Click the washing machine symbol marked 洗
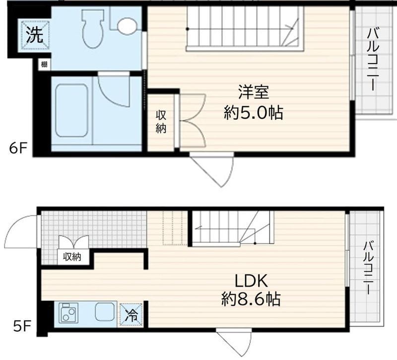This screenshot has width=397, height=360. point(35,35)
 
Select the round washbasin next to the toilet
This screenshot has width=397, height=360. point(127,26)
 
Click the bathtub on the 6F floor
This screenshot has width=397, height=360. point(71,110)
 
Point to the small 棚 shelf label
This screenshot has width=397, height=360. point(44,64)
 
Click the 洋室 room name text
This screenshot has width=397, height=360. point(253,92)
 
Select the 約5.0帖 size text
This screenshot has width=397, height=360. point(253,113)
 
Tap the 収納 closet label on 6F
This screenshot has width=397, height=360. point(161,121)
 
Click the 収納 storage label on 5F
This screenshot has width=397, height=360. point(72,257)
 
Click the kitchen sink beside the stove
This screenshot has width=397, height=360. point(105,313)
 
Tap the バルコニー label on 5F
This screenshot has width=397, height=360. point(368,268)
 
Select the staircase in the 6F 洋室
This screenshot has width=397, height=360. point(243,29)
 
